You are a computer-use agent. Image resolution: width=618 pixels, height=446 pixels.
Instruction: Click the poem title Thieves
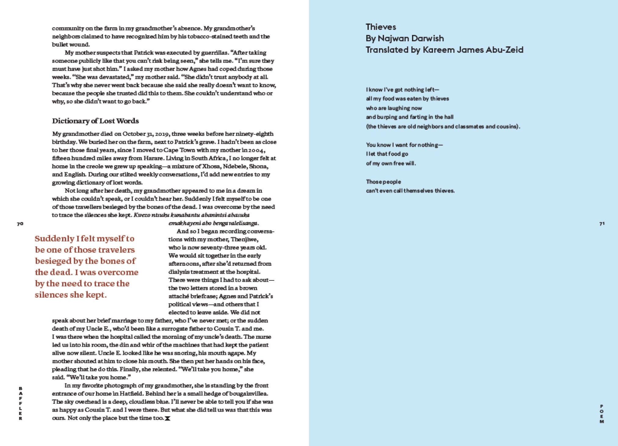tap(381, 27)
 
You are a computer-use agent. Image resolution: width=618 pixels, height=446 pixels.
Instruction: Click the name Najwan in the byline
tap(392, 38)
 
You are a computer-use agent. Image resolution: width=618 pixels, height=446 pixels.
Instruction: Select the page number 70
tap(20, 224)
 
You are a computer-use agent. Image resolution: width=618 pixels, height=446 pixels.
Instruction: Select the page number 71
tap(602, 224)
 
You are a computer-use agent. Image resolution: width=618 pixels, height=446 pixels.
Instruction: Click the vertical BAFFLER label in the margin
tap(20, 404)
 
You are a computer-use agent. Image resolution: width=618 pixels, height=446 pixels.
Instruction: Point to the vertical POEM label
tap(602, 414)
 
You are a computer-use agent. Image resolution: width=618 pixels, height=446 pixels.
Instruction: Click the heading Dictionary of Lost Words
tap(95, 121)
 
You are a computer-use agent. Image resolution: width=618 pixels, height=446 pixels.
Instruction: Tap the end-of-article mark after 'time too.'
tap(167, 418)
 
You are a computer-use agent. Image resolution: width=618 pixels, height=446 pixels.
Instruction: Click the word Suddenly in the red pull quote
tap(54, 238)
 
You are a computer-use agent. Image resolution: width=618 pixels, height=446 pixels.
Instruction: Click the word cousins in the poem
tap(508, 127)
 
